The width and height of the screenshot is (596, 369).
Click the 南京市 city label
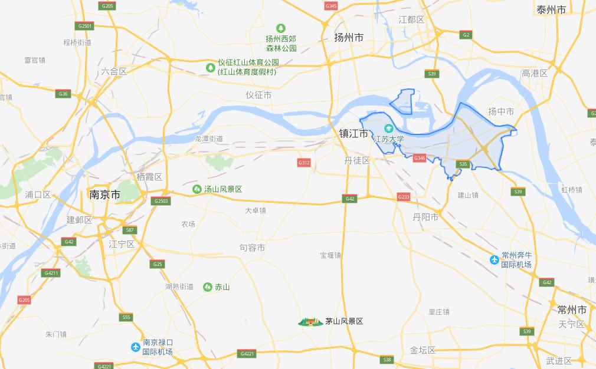104,195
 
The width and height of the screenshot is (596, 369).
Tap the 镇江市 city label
353,134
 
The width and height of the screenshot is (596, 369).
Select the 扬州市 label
349,37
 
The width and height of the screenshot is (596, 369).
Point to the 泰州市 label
551,9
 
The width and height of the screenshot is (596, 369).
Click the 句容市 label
252,248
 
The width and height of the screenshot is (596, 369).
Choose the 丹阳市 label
425,217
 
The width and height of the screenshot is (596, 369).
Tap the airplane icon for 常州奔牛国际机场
495,260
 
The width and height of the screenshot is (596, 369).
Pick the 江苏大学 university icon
389,129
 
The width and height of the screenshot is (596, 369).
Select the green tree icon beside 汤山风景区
197,189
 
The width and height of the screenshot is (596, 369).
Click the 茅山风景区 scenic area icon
310,321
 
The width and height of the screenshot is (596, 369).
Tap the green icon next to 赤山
208,287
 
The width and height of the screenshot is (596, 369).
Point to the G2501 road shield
85,26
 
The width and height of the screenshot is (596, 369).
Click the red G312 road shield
304,163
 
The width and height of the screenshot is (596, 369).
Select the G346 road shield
420,158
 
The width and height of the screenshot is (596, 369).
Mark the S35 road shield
463,164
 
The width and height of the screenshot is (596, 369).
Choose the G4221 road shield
247,354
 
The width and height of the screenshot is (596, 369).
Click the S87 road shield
130,230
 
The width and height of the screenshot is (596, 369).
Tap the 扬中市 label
501,111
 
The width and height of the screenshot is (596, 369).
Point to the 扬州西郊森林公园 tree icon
281,28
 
